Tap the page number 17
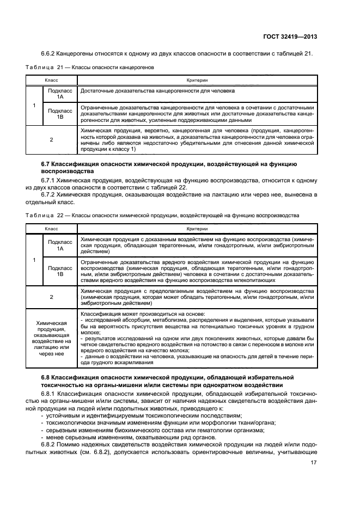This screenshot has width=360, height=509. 314,462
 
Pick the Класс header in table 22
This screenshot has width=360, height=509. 52,229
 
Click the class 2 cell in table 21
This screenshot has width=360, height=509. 52,140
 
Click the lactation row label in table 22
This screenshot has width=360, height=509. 52,337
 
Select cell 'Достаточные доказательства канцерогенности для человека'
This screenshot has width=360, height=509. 157,91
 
